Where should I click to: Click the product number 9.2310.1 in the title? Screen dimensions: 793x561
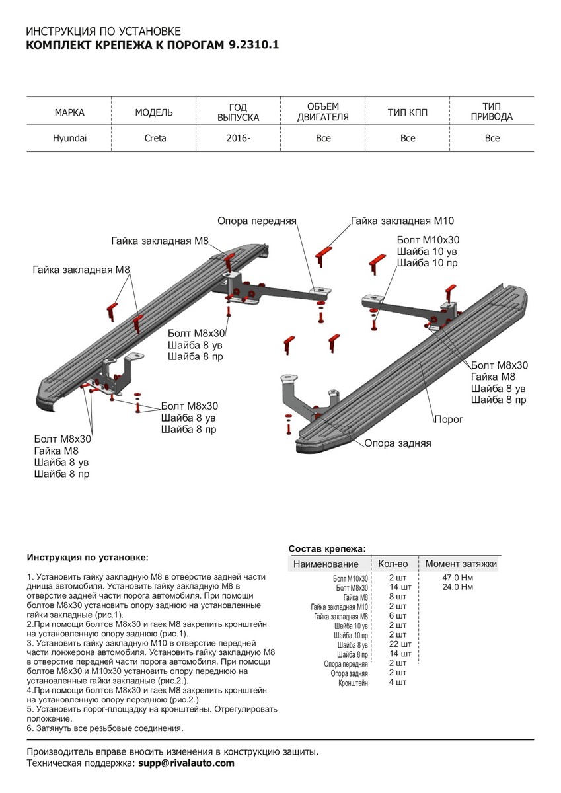[253, 46]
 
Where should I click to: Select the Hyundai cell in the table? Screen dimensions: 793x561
[69, 139]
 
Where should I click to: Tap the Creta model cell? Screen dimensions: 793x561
[155, 139]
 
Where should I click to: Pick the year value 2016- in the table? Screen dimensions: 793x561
[239, 139]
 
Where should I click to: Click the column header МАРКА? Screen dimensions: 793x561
[69, 113]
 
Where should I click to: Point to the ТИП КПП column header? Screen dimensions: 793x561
[408, 113]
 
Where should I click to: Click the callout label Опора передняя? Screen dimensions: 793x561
[257, 221]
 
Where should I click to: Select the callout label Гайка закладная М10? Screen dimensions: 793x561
[402, 221]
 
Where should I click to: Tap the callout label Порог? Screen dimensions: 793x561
[449, 419]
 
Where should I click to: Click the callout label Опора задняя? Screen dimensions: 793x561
[398, 443]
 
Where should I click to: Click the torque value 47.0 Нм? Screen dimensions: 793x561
[458, 578]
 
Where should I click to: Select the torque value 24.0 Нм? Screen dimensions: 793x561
[458, 587]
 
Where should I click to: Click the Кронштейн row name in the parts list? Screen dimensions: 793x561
[354, 683]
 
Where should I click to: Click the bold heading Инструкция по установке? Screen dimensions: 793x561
[88, 558]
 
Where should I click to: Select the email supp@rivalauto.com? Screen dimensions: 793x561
[186, 763]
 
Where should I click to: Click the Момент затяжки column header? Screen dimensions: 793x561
[461, 564]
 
